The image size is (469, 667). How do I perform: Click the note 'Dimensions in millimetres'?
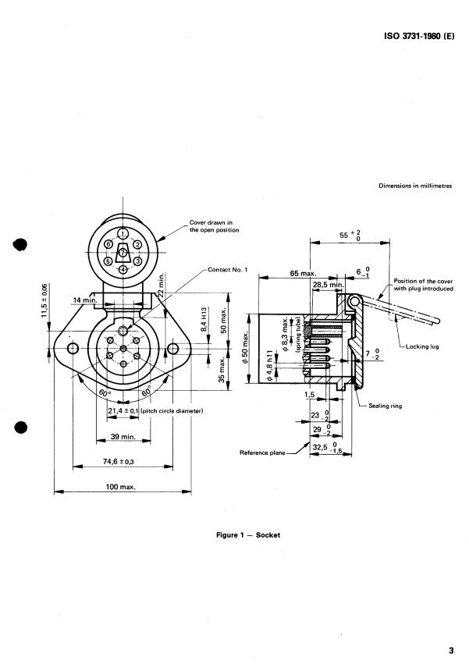click(415, 186)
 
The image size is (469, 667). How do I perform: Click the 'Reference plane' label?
click(262, 452)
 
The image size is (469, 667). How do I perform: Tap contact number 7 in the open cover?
click(123, 252)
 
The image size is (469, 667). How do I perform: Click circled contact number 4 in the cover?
click(123, 269)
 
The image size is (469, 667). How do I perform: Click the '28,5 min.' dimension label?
click(328, 286)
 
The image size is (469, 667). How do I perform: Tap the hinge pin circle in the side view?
click(357, 301)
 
